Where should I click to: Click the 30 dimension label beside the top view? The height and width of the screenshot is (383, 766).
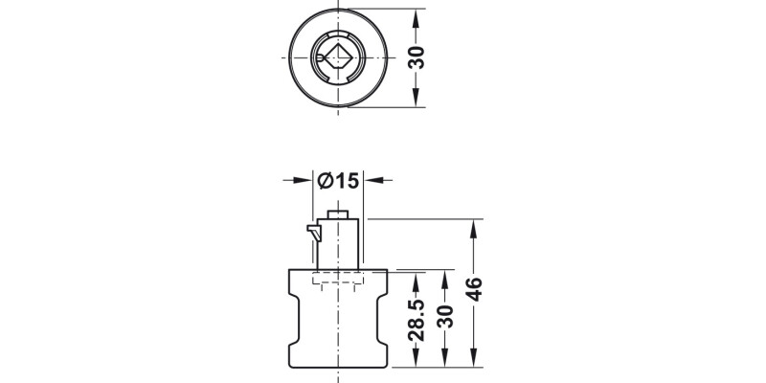417,59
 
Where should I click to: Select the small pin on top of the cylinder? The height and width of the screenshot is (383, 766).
337,214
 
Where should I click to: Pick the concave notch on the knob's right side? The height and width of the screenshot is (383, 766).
384,323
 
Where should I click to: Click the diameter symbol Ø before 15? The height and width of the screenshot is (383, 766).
324,180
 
